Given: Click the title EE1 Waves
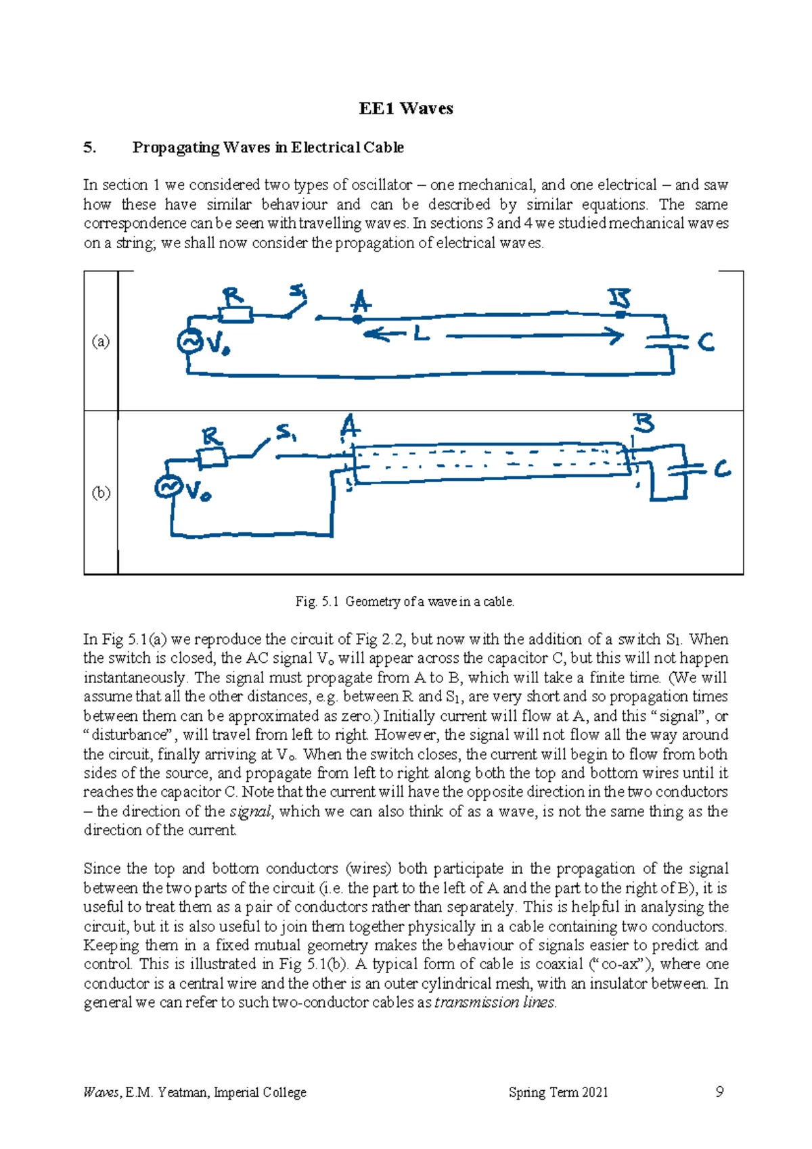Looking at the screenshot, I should (x=406, y=109).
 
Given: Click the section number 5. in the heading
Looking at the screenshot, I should (x=90, y=147).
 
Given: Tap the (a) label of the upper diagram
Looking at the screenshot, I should (x=100, y=342).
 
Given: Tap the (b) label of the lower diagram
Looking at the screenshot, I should (x=100, y=492).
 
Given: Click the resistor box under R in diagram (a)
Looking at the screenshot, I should (x=235, y=314).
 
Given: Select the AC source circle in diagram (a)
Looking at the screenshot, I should (x=190, y=342).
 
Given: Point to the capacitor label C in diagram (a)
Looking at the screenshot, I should (x=706, y=342).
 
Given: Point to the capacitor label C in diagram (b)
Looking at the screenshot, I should (x=722, y=469).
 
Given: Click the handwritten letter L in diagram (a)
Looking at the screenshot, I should (x=421, y=333).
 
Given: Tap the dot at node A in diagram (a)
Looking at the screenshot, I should (x=357, y=318).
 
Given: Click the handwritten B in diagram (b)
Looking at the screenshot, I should (x=643, y=424).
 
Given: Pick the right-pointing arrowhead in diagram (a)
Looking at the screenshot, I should (x=614, y=335).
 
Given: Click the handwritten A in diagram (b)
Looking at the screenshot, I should (x=349, y=427).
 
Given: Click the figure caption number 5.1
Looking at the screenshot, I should (x=330, y=601).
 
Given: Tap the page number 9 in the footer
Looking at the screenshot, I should (x=719, y=1092).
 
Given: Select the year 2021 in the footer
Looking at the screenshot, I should (x=594, y=1092).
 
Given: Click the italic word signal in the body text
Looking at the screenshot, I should (x=251, y=812).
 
